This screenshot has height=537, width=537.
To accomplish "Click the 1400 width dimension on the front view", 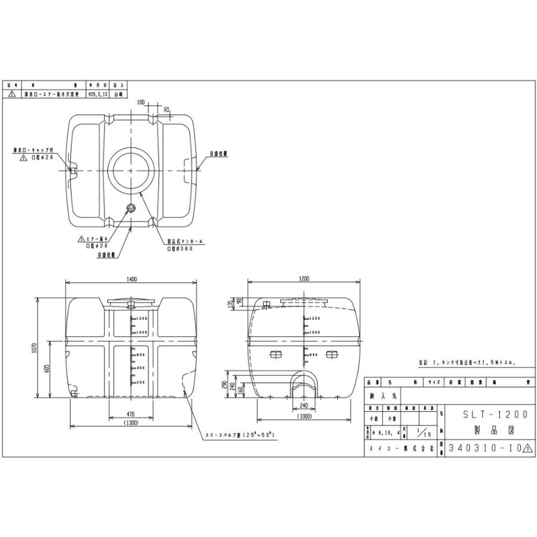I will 132,279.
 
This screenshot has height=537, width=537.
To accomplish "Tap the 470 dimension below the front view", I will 132,413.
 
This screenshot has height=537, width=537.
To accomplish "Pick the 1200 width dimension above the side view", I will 305,279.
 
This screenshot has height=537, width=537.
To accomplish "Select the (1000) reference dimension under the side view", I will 304,418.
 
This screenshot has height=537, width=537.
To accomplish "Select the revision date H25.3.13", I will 97,94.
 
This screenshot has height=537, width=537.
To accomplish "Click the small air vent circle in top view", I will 131,208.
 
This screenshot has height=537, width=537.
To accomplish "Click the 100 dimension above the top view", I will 141,103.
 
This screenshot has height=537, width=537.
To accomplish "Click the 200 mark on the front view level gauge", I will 140,381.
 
